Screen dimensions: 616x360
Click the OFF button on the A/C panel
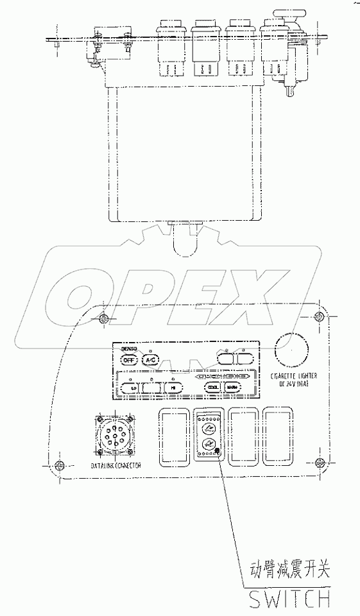pos(128,360)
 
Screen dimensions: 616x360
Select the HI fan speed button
pos(173,388)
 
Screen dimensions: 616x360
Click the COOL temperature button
pos(212,387)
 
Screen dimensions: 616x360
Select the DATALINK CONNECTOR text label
pos(116,465)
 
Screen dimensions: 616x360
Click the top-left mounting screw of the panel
pos(105,318)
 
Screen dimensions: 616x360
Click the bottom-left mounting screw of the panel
pos(59,465)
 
